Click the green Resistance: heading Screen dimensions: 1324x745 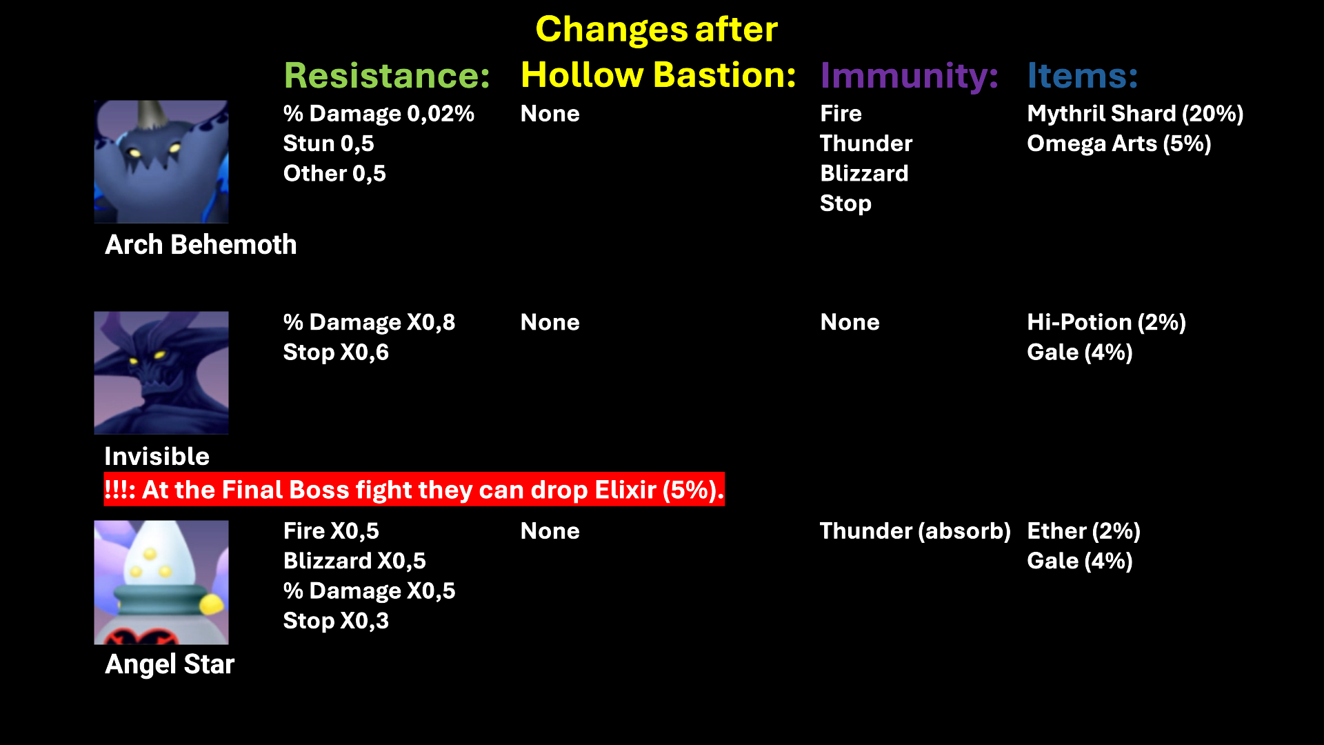(x=387, y=75)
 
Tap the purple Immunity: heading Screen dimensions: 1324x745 (x=909, y=75)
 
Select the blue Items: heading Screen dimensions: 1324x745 (x=1082, y=75)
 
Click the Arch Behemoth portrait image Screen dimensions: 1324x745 (x=161, y=161)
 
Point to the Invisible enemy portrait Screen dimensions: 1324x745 (x=161, y=372)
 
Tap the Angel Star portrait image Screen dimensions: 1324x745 (x=161, y=582)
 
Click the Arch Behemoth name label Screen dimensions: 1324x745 (x=201, y=245)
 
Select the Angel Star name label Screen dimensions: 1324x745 (x=170, y=664)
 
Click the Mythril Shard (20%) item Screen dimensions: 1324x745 (x=1135, y=114)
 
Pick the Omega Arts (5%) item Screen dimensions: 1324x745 (x=1119, y=143)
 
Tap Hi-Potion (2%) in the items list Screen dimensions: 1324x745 (x=1106, y=322)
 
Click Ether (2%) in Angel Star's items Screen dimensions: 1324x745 (x=1083, y=531)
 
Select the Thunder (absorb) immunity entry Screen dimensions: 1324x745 (x=915, y=531)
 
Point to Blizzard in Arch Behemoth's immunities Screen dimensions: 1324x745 (x=864, y=173)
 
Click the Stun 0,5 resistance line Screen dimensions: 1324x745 (x=328, y=143)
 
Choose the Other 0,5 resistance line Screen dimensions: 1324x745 (x=334, y=173)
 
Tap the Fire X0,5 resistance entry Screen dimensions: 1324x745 (x=331, y=531)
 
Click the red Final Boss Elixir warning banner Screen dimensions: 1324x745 (x=414, y=490)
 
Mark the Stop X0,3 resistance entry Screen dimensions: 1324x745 (x=336, y=621)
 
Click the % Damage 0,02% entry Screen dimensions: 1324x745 (x=379, y=114)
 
